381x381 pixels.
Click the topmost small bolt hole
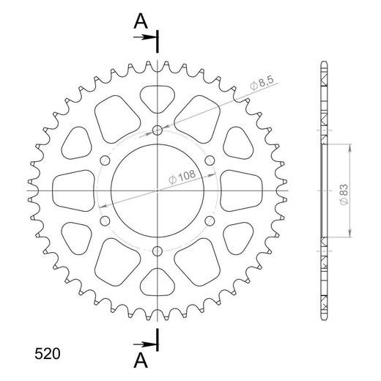pyautogui.click(x=158, y=131)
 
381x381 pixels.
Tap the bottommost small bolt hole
pyautogui.click(x=158, y=253)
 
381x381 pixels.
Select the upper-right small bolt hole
pyautogui.click(x=210, y=160)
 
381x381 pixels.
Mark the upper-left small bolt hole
pyautogui.click(x=105, y=160)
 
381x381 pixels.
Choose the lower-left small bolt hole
pyautogui.click(x=105, y=221)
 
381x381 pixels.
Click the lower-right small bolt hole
pyautogui.click(x=210, y=221)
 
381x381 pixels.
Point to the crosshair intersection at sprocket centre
pyautogui.click(x=158, y=191)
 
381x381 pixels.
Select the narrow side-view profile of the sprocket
pyautogui.click(x=323, y=191)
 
